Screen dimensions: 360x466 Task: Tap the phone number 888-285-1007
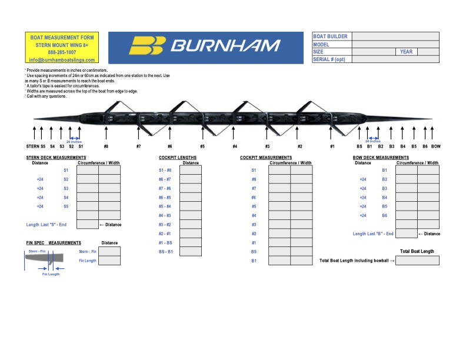pyautogui.click(x=62, y=52)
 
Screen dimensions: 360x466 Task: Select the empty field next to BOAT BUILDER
pyautogui.click(x=395, y=36)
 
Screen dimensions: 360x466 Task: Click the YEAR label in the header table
pyautogui.click(x=406, y=52)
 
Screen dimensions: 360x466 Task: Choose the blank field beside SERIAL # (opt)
pyautogui.click(x=395, y=59)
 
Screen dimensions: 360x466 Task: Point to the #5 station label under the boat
pyautogui.click(x=202, y=146)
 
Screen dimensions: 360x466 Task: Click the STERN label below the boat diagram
pyautogui.click(x=32, y=146)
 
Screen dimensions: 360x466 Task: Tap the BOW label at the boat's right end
pyautogui.click(x=436, y=146)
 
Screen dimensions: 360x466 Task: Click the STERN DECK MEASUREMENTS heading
pyautogui.click(x=56, y=158)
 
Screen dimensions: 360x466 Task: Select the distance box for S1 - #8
pyautogui.click(x=191, y=170)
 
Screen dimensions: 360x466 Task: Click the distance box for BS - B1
pyautogui.click(x=191, y=252)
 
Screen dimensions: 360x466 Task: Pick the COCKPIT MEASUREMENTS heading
pyautogui.click(x=266, y=158)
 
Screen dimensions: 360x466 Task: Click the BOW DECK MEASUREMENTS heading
pyautogui.click(x=381, y=158)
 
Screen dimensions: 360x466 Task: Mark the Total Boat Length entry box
pyautogui.click(x=417, y=261)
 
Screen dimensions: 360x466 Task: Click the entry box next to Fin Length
pyautogui.click(x=109, y=261)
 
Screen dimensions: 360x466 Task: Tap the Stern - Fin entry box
pyautogui.click(x=109, y=251)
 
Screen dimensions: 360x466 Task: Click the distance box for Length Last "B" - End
pyautogui.click(x=407, y=234)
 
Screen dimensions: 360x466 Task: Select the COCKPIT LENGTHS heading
pyautogui.click(x=178, y=158)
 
